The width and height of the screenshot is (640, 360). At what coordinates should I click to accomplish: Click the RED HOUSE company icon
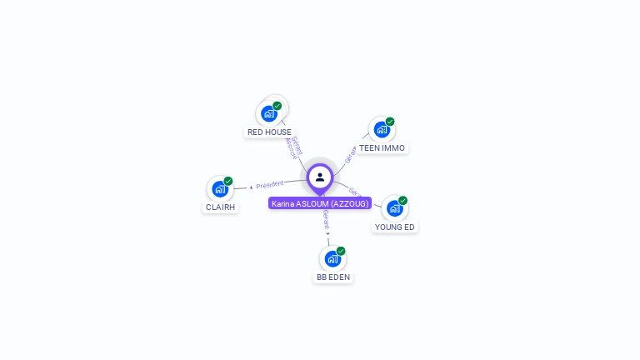click(269, 113)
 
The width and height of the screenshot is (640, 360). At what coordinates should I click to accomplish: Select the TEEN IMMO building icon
click(382, 130)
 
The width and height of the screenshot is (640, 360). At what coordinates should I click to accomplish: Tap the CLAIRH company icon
click(220, 189)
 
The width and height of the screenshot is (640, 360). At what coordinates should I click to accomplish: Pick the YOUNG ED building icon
click(394, 208)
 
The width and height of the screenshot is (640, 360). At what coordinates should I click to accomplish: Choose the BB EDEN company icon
click(332, 259)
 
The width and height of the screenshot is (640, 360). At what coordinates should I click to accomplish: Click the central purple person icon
click(320, 177)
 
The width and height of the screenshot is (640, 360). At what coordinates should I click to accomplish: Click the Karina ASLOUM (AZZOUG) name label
click(320, 203)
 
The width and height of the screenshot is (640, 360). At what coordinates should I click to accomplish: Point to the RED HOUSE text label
click(269, 132)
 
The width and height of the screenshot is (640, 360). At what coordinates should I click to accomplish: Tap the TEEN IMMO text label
click(382, 148)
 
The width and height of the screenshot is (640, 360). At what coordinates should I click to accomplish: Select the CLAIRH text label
click(220, 207)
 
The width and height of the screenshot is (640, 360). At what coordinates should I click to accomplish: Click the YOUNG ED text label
click(394, 227)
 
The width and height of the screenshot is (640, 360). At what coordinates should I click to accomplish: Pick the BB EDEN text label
click(332, 277)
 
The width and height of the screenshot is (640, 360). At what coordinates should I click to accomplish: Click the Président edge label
click(269, 184)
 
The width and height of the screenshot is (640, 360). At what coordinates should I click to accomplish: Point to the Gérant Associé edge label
click(292, 147)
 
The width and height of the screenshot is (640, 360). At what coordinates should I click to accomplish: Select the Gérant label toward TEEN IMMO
click(351, 153)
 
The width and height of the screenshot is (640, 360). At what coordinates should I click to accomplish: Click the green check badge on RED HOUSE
click(277, 106)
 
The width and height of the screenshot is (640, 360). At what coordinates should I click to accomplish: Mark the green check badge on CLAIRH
click(228, 181)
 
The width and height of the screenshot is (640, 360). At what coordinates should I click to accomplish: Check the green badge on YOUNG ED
click(402, 200)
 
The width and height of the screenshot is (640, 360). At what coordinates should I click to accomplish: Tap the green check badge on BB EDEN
click(341, 251)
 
